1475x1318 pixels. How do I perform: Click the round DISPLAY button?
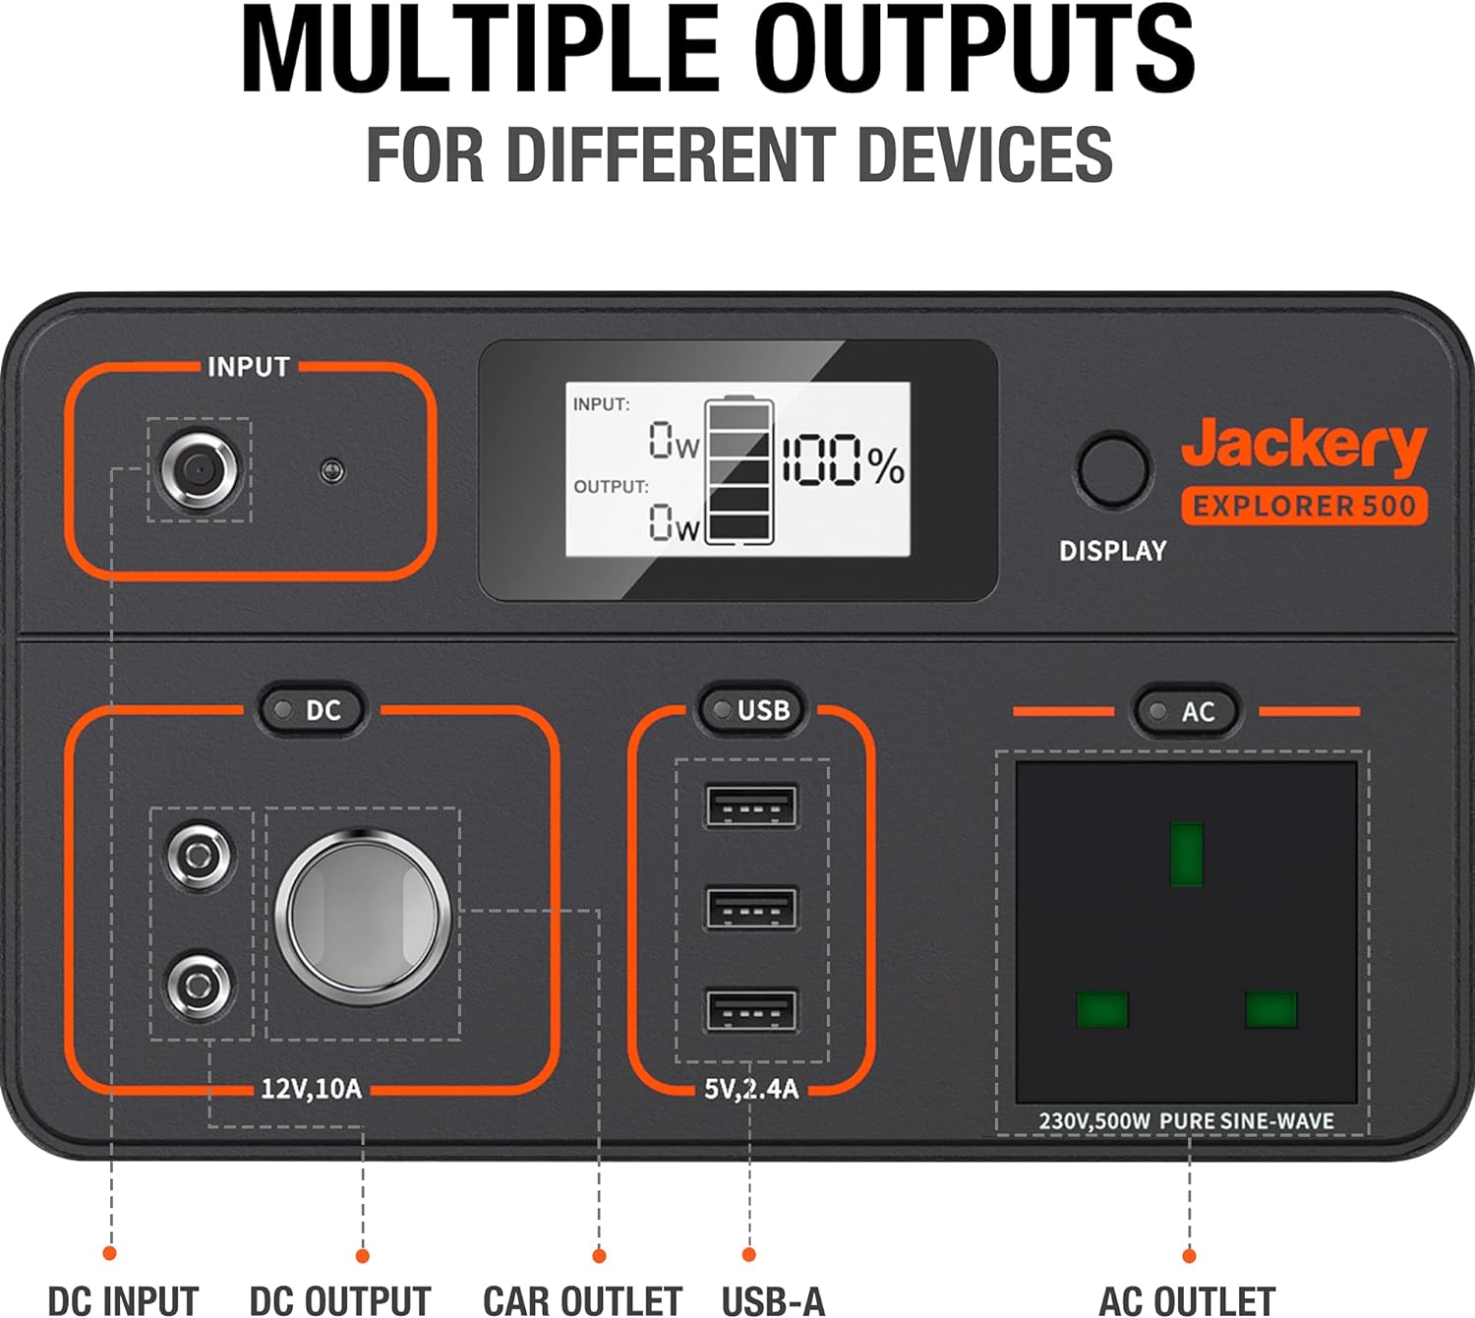click(1113, 470)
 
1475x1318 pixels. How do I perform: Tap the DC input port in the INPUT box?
click(199, 470)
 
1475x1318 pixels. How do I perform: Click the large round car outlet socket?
click(363, 917)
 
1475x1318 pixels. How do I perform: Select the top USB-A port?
click(751, 807)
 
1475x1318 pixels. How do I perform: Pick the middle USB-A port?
click(751, 909)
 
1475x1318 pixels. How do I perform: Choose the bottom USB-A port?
click(751, 1011)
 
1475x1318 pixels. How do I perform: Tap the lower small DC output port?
click(201, 985)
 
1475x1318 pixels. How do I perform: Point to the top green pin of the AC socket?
click(1186, 854)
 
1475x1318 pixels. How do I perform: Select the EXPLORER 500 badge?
click(1304, 506)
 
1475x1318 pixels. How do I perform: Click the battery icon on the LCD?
click(739, 470)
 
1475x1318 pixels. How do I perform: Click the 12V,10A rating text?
click(311, 1089)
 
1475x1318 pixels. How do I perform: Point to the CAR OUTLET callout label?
click(582, 1300)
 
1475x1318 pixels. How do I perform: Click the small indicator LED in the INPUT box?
click(333, 471)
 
